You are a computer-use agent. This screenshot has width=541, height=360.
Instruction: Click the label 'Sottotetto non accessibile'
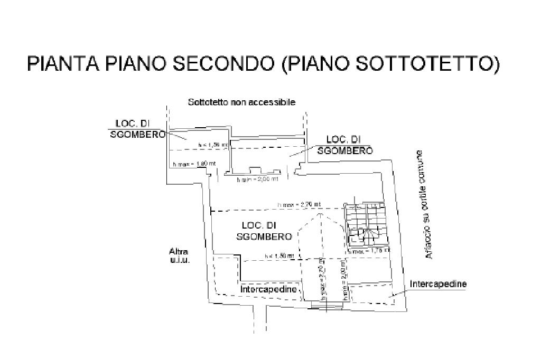click(x=241, y=102)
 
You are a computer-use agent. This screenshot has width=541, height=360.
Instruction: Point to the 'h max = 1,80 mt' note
click(x=194, y=164)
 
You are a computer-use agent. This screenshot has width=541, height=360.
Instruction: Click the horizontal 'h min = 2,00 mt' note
click(x=257, y=180)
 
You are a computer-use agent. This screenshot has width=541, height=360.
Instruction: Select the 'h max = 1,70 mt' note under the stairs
click(x=369, y=251)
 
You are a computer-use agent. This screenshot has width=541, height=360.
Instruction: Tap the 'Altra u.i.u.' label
click(x=179, y=255)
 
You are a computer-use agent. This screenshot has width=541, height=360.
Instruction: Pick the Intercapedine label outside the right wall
click(x=438, y=284)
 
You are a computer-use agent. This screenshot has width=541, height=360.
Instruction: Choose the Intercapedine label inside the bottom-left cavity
click(x=269, y=289)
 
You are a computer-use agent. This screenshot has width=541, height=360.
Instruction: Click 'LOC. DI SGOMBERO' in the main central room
click(x=264, y=231)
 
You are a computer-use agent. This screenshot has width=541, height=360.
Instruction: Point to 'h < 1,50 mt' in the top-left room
click(x=213, y=145)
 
